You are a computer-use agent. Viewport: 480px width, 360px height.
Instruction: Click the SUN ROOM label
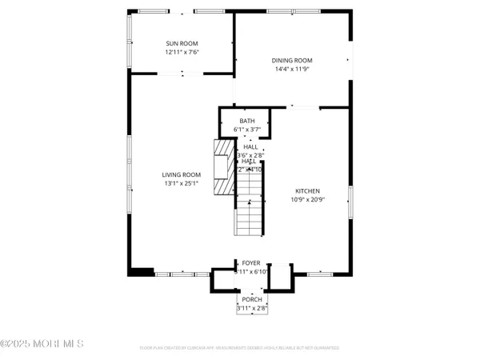coord(182,43)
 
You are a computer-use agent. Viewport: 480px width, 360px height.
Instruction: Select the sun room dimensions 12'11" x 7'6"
coord(182,52)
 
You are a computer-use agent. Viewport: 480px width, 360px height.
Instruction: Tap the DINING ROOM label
coord(291,60)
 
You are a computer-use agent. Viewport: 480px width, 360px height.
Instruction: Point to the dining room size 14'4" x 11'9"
coord(291,69)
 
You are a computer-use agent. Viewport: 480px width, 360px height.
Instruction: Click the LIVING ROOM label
coord(181,174)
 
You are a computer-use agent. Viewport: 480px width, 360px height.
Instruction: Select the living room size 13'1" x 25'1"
coord(181,183)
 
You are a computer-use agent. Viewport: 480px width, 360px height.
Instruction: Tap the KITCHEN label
coord(307,190)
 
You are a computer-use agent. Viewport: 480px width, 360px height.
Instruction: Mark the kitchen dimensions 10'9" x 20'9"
coord(307,199)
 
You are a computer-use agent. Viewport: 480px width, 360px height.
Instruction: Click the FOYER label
coord(251,263)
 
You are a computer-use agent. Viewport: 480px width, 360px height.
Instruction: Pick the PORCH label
coord(251,299)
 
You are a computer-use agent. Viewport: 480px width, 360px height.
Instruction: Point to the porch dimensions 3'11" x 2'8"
coord(251,308)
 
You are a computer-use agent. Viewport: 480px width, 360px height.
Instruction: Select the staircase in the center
coord(250,204)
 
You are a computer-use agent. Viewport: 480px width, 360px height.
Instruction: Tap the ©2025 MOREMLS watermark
coord(43,345)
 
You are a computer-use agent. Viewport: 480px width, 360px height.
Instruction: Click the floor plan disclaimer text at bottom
coord(239,348)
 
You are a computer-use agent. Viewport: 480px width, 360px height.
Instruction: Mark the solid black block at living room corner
coord(142,271)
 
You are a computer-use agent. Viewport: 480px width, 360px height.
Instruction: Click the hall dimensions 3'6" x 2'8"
coord(251,154)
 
